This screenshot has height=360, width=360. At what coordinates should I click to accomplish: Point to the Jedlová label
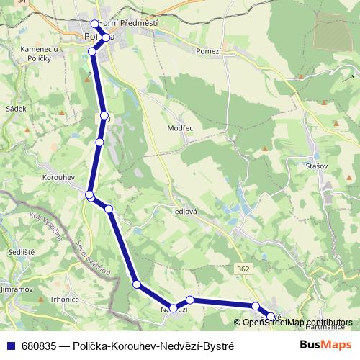click(x=185, y=212)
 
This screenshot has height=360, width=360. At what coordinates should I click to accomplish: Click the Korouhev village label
click(x=58, y=176)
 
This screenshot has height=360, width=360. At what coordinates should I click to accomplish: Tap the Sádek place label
click(x=15, y=109)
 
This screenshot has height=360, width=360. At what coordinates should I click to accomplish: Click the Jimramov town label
click(x=17, y=287)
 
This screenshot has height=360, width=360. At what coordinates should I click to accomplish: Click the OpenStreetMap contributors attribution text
click(x=297, y=322)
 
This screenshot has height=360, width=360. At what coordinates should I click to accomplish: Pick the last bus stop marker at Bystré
click(x=271, y=316)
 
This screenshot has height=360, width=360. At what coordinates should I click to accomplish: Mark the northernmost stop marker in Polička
click(x=95, y=24)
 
